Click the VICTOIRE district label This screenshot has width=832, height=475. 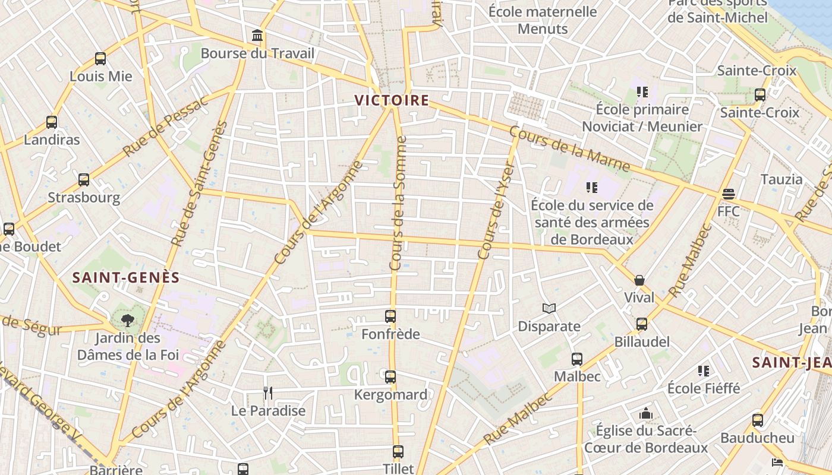point(392,100)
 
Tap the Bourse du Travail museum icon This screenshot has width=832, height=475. point(257,36)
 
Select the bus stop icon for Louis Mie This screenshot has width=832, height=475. point(100,59)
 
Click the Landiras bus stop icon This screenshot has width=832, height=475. point(52,122)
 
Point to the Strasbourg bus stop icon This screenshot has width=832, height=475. point(84,179)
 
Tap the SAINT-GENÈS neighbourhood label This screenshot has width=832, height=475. point(126,277)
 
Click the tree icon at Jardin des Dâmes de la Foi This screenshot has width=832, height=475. point(127,321)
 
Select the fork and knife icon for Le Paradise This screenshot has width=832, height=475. point(268,392)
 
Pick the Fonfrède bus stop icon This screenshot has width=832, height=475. point(390,316)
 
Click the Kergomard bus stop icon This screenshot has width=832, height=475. point(390,377)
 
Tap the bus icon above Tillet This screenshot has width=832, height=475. point(398,452)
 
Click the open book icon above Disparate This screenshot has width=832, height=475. point(549,309)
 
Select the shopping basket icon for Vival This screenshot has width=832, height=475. point(639,280)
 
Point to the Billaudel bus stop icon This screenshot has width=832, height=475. point(642,324)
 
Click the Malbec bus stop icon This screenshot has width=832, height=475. point(577,359)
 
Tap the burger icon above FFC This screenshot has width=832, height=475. point(729,194)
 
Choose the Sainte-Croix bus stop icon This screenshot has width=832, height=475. point(759,94)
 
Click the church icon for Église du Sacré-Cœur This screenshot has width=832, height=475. point(646,413)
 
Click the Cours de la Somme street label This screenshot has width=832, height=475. point(399,204)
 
